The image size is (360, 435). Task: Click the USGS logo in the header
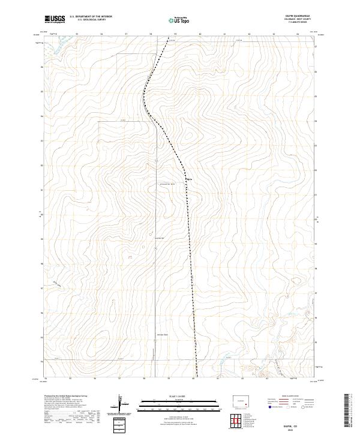pos(55,19)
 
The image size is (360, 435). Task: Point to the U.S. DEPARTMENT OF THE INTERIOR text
pos(91,16)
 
